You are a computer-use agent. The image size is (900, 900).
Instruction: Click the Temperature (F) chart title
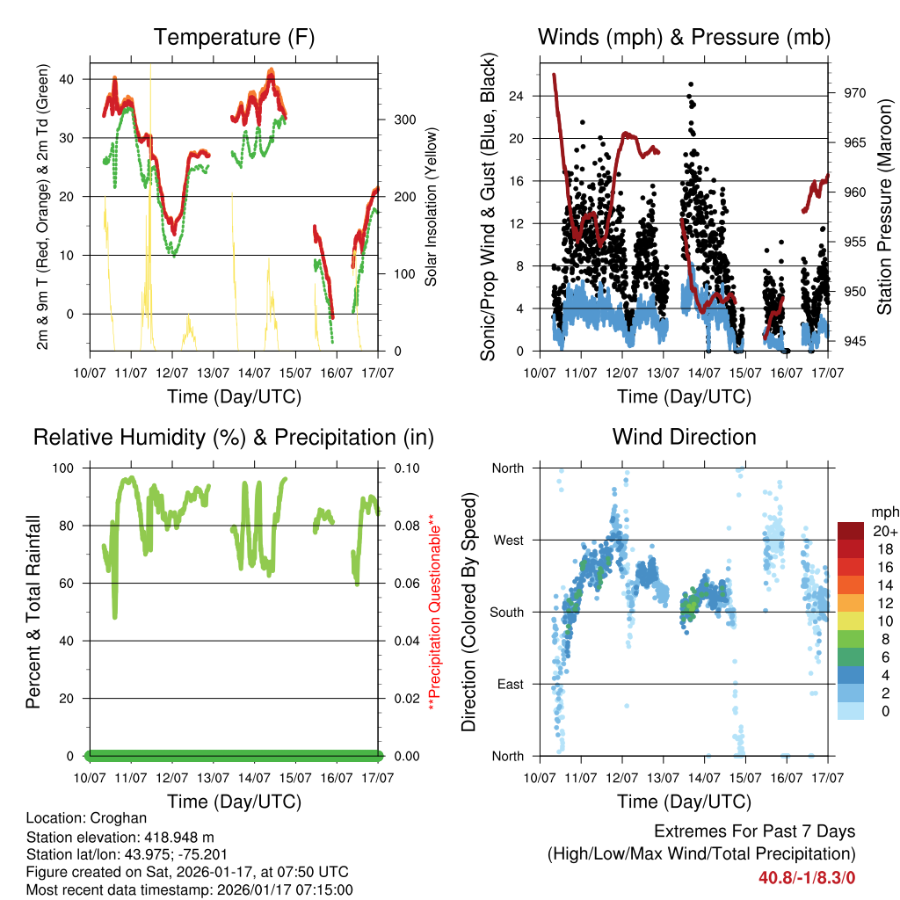[x=234, y=37]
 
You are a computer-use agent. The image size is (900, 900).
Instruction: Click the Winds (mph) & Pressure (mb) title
[x=684, y=37]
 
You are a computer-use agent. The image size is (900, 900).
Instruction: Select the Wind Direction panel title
[x=684, y=437]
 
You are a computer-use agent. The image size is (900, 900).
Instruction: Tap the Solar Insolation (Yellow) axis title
[x=432, y=207]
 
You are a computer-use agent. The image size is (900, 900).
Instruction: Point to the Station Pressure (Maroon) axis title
[x=884, y=207]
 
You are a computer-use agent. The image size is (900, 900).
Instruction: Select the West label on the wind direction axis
[x=508, y=541]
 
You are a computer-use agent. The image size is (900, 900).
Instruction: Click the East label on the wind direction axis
[x=510, y=685]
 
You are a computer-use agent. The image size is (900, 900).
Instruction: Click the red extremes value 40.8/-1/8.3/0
[x=807, y=877]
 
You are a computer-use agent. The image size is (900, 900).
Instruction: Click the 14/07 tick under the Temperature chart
[x=255, y=374]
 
